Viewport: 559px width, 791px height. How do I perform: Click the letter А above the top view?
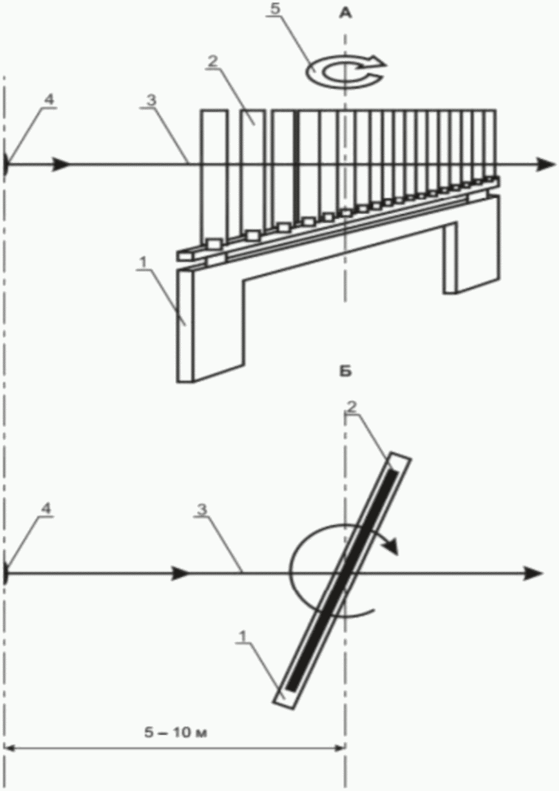click(345, 14)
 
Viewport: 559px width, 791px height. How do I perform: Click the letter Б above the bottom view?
click(345, 372)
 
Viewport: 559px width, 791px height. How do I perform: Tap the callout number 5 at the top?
click(274, 9)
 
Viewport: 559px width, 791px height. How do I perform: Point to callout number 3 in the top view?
click(151, 100)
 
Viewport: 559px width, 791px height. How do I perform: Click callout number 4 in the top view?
click(49, 100)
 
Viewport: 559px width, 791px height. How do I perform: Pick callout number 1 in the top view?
click(143, 263)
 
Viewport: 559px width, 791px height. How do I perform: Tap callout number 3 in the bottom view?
click(202, 510)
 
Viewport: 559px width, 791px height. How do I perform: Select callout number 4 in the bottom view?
click(46, 508)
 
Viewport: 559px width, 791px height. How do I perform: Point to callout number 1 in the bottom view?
click(242, 636)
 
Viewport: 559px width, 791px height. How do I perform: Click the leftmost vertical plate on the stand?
click(214, 175)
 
